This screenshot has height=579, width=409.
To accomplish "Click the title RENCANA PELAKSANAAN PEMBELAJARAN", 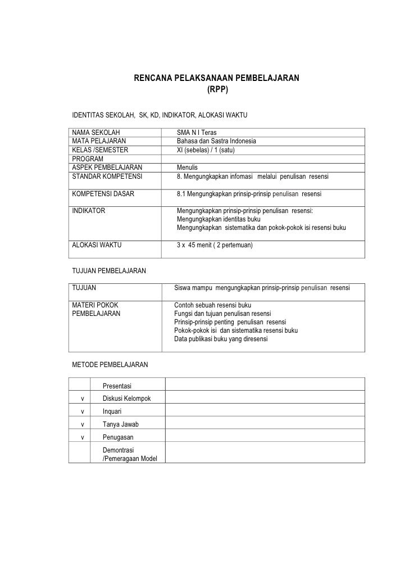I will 216,79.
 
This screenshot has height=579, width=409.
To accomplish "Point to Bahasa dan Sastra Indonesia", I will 216,141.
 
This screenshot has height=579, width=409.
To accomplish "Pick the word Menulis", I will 187,168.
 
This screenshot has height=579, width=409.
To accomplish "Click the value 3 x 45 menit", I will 198,245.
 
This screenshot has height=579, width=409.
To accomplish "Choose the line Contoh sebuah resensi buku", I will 212,305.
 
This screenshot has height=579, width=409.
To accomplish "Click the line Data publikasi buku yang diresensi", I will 221,339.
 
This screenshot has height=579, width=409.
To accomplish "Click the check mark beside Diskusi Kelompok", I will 83,399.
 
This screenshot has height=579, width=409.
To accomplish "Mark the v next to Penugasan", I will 83,437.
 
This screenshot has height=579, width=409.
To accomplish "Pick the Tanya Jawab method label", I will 120,424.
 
